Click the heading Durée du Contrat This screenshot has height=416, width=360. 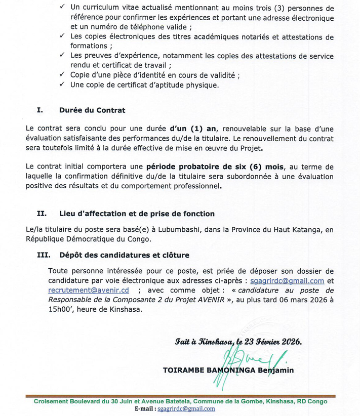click(92, 110)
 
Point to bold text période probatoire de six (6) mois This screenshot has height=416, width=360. click(216, 167)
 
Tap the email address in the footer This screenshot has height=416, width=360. click(186, 408)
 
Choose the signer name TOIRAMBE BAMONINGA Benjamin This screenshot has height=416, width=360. click(228, 370)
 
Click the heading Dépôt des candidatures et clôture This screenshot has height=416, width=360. click(125, 255)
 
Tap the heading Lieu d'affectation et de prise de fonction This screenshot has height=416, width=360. click(137, 214)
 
